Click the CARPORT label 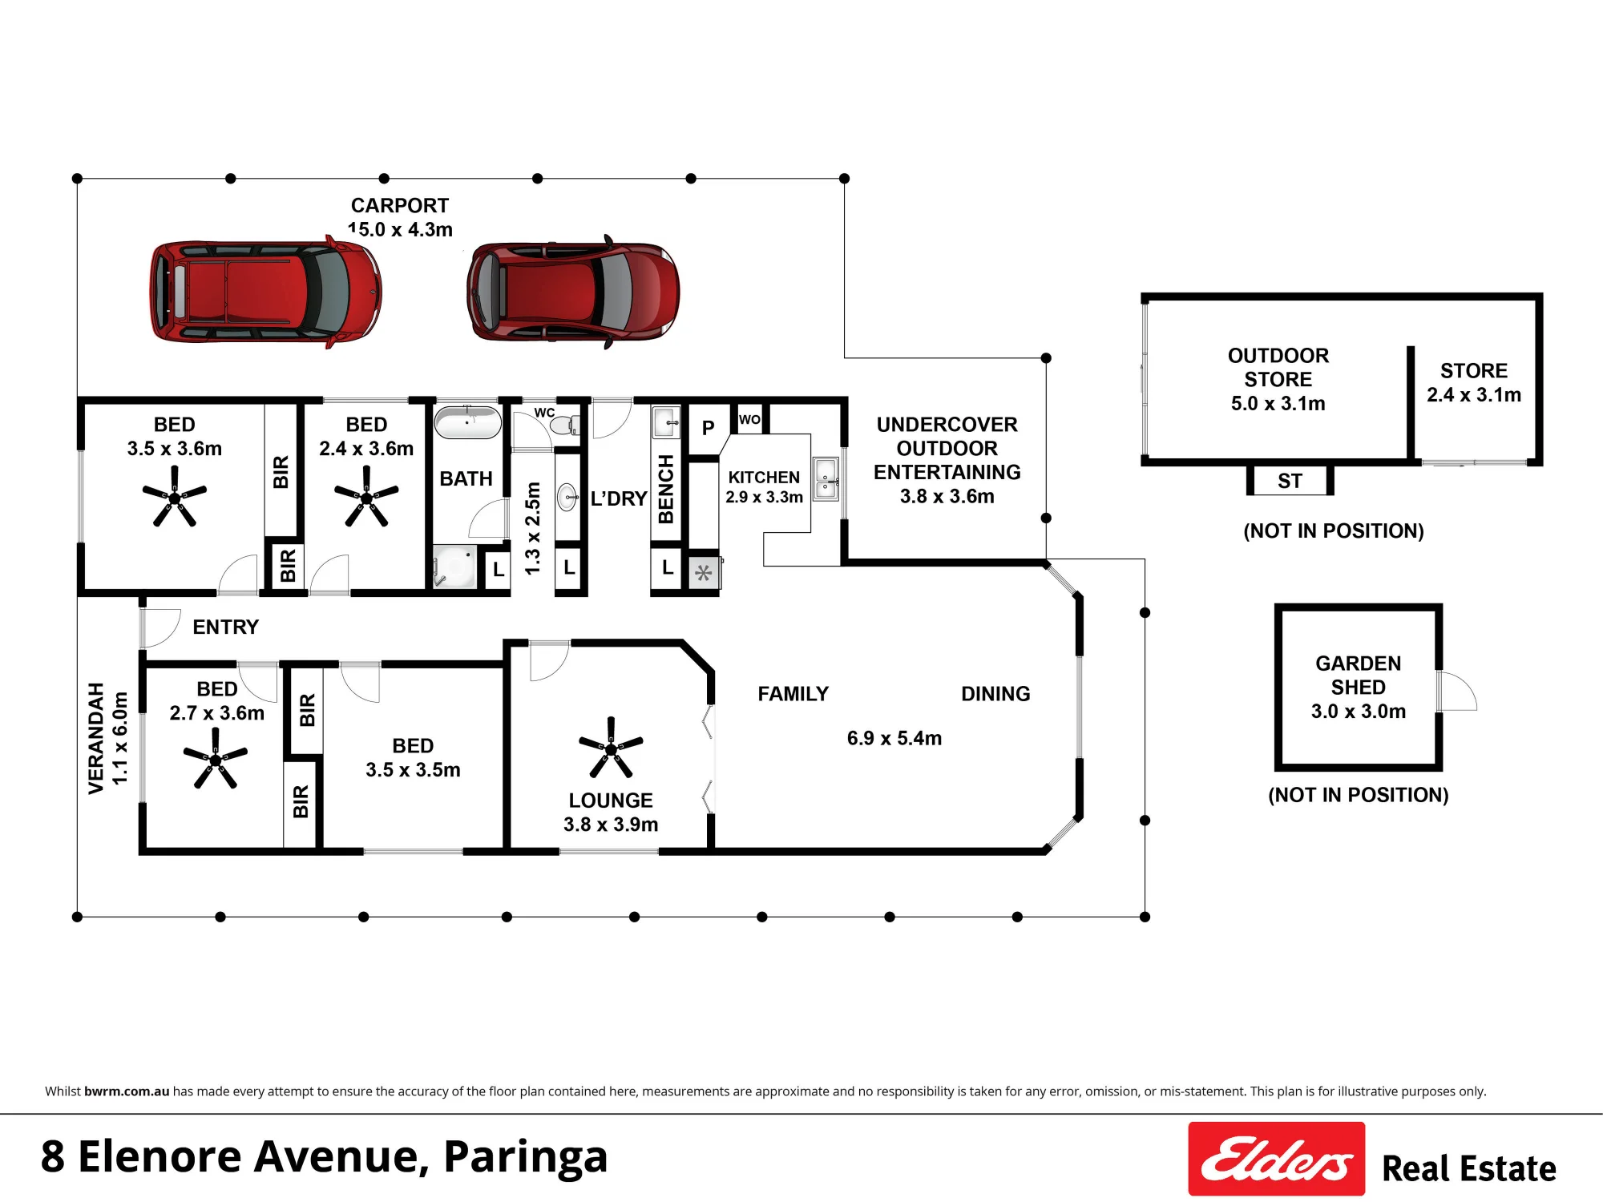click(x=400, y=206)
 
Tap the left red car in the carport click(x=266, y=292)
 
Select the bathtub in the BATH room click(x=467, y=422)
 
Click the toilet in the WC click(x=565, y=424)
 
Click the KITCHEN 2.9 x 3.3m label click(x=764, y=487)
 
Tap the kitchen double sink click(x=826, y=479)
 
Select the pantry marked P click(x=709, y=429)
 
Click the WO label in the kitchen click(x=749, y=419)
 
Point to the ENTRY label click(x=226, y=627)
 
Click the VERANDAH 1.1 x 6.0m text click(x=107, y=738)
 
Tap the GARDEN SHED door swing click(x=1456, y=691)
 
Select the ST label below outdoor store click(x=1290, y=481)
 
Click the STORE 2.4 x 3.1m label click(x=1474, y=382)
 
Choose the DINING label click(x=995, y=694)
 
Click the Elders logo click(x=1276, y=1159)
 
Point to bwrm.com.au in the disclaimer click(x=127, y=1091)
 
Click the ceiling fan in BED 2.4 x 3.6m click(x=366, y=497)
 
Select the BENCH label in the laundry click(x=666, y=489)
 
